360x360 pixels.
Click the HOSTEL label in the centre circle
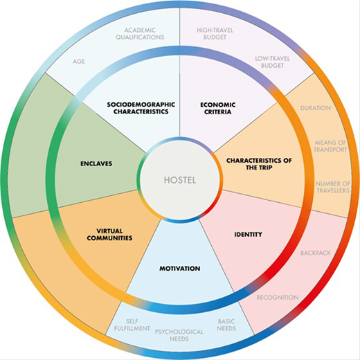click(x=180, y=180)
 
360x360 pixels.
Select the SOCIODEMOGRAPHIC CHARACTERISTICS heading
click(x=141, y=108)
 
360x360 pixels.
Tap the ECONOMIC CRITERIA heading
click(x=218, y=108)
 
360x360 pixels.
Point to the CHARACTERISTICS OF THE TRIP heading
click(x=259, y=164)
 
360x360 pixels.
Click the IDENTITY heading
click(x=249, y=235)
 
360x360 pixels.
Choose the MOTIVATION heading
click(x=180, y=269)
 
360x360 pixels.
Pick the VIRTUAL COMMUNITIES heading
click(x=109, y=235)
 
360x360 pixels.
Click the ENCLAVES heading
click(x=96, y=163)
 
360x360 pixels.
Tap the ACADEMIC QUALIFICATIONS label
click(x=140, y=34)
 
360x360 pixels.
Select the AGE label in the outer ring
click(x=79, y=62)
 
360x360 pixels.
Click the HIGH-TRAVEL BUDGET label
click(x=215, y=34)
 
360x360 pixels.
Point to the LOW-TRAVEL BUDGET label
click(x=272, y=62)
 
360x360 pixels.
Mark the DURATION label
click(x=316, y=108)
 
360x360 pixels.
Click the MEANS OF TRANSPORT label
click(x=330, y=146)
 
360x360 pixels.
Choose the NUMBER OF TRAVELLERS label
click(x=333, y=187)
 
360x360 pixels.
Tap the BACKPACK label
click(x=316, y=253)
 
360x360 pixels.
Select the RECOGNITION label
click(x=278, y=298)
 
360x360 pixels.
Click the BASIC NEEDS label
click(x=226, y=325)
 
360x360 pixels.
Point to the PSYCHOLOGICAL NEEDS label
click(x=179, y=335)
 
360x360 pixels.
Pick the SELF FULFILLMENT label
click(x=132, y=325)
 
